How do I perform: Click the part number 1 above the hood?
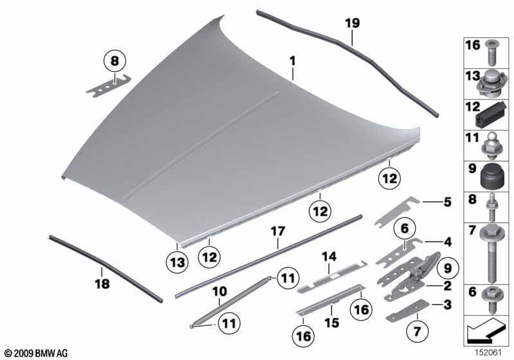point(292,61)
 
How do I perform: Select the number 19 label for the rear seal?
point(352,23)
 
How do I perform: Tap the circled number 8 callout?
point(114,61)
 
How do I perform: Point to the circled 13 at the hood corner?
point(177,263)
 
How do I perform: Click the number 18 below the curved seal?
point(102,283)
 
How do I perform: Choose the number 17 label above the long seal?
point(278,231)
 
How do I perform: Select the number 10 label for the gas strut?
point(219,291)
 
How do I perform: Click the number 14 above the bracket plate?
point(329,256)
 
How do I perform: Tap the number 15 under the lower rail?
point(332,322)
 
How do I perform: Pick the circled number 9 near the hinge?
point(447,268)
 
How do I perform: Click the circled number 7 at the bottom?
point(417,332)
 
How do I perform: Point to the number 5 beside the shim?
point(447,202)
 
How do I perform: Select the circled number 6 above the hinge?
point(405,228)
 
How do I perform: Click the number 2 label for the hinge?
point(447,286)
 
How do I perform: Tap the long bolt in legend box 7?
point(491,253)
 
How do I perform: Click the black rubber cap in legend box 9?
point(491,176)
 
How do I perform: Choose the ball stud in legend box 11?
point(491,146)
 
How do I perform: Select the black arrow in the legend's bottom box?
point(484,329)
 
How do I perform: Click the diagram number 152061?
point(488,353)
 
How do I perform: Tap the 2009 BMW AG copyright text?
point(37,353)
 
